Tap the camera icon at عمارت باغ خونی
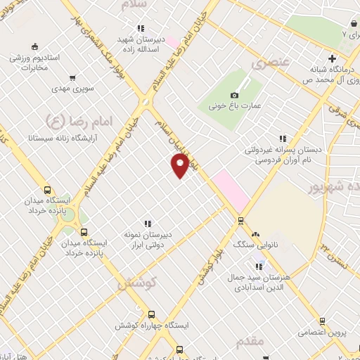coord(234,95)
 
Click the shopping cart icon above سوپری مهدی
coord(72,78)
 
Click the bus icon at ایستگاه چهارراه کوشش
coord(151,314)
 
